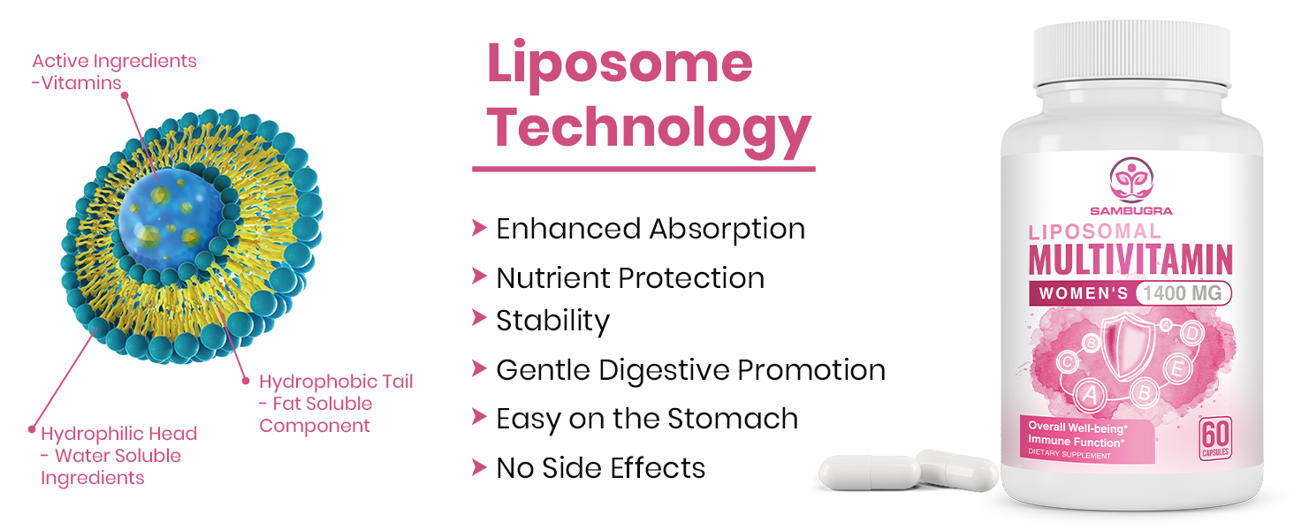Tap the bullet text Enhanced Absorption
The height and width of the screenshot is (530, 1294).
651,229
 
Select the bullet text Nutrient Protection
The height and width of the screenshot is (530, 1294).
630,278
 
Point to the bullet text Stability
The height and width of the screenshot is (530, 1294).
552,320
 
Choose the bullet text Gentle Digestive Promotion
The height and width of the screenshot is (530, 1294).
690,369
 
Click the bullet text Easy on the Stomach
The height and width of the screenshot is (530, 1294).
647,419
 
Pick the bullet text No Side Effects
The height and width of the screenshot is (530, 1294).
601,467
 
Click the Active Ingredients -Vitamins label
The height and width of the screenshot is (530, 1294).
114,72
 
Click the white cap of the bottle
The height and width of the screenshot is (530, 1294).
1132,52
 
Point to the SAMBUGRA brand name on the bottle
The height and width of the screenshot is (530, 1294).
1130,210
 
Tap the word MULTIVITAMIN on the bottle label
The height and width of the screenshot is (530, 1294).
1130,260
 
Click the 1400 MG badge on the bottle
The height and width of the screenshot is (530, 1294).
1184,293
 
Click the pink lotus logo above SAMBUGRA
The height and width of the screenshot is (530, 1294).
1130,179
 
